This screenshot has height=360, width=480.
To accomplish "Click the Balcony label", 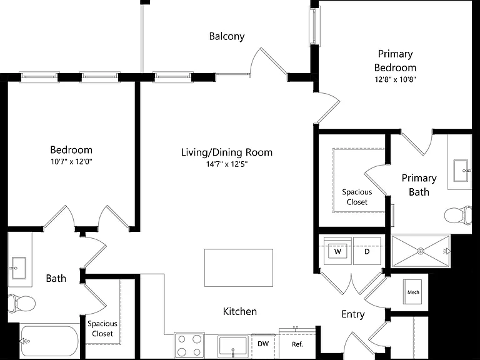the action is point(227,36).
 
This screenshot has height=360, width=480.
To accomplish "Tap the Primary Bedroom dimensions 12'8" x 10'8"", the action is point(395,79).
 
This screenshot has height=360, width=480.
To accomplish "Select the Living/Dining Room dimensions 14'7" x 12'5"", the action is point(227,164).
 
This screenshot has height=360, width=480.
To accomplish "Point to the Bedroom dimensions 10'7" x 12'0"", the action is point(71,161).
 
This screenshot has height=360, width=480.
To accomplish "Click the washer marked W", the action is point(337,251).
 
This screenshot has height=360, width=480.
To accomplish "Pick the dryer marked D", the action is point(367,251).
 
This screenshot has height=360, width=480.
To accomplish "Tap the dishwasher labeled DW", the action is point(263,345).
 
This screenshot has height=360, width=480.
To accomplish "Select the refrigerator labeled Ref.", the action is point(297,344).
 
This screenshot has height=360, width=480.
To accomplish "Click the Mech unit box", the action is point(412,292).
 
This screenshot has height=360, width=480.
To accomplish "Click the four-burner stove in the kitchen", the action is point(189,345).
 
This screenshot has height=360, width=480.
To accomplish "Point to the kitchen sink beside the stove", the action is point(232,346).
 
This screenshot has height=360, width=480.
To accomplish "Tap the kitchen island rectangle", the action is point(239,268).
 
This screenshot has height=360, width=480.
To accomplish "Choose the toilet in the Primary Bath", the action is point(458,215).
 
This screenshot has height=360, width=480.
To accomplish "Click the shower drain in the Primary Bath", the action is point(421,251).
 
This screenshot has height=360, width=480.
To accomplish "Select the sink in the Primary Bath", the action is point(461,171).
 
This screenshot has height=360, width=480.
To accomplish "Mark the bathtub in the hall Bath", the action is point(49,342).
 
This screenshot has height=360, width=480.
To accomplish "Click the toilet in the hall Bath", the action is point(21,304).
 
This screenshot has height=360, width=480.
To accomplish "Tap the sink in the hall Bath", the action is point(19,268).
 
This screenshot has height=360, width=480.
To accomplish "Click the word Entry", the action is point(353,314).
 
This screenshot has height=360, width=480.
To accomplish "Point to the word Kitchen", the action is point(240,311).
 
